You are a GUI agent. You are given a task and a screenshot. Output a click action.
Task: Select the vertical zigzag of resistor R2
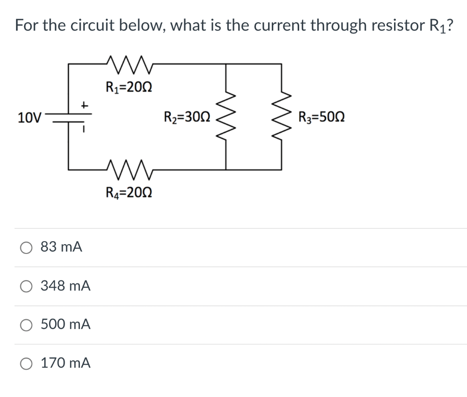(226, 117)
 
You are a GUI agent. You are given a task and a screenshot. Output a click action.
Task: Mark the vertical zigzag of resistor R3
(281, 117)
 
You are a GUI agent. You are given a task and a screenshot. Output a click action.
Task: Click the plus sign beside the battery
(83, 104)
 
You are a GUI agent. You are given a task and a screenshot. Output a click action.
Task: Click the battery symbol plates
(68, 117)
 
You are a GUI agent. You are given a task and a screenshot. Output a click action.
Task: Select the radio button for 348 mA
(26, 286)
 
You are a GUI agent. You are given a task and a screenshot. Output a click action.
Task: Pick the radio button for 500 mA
(26, 325)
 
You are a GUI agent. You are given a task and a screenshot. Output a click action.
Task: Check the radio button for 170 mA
(26, 364)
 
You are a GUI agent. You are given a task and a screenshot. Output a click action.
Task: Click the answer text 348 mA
(66, 286)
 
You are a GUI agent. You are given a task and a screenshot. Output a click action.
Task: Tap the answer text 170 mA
(66, 363)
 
